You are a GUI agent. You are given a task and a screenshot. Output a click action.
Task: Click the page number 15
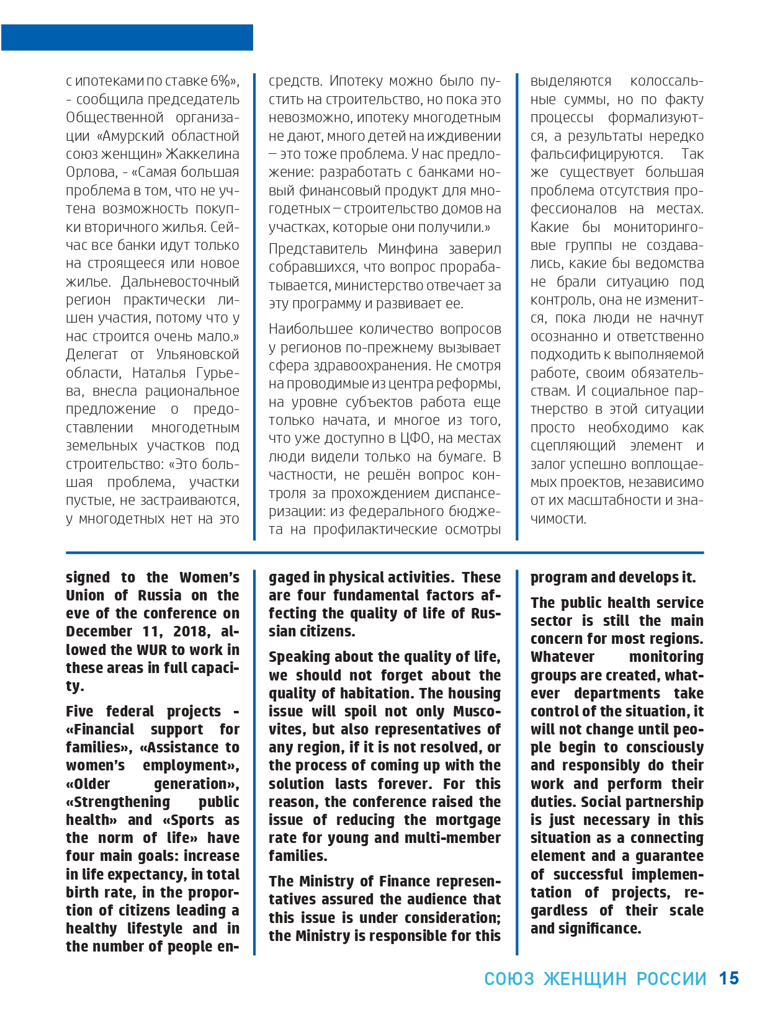728,978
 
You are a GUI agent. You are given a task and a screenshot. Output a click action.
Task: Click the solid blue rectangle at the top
127,37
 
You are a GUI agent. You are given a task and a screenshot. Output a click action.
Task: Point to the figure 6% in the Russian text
220,81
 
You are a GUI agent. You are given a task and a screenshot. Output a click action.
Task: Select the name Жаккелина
204,154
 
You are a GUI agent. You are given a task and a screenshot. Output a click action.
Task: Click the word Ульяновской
197,354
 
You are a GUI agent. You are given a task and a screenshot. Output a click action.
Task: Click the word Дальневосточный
180,282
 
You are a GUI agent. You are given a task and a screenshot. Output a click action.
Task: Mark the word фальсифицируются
596,154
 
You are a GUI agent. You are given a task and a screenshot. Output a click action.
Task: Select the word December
99,631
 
